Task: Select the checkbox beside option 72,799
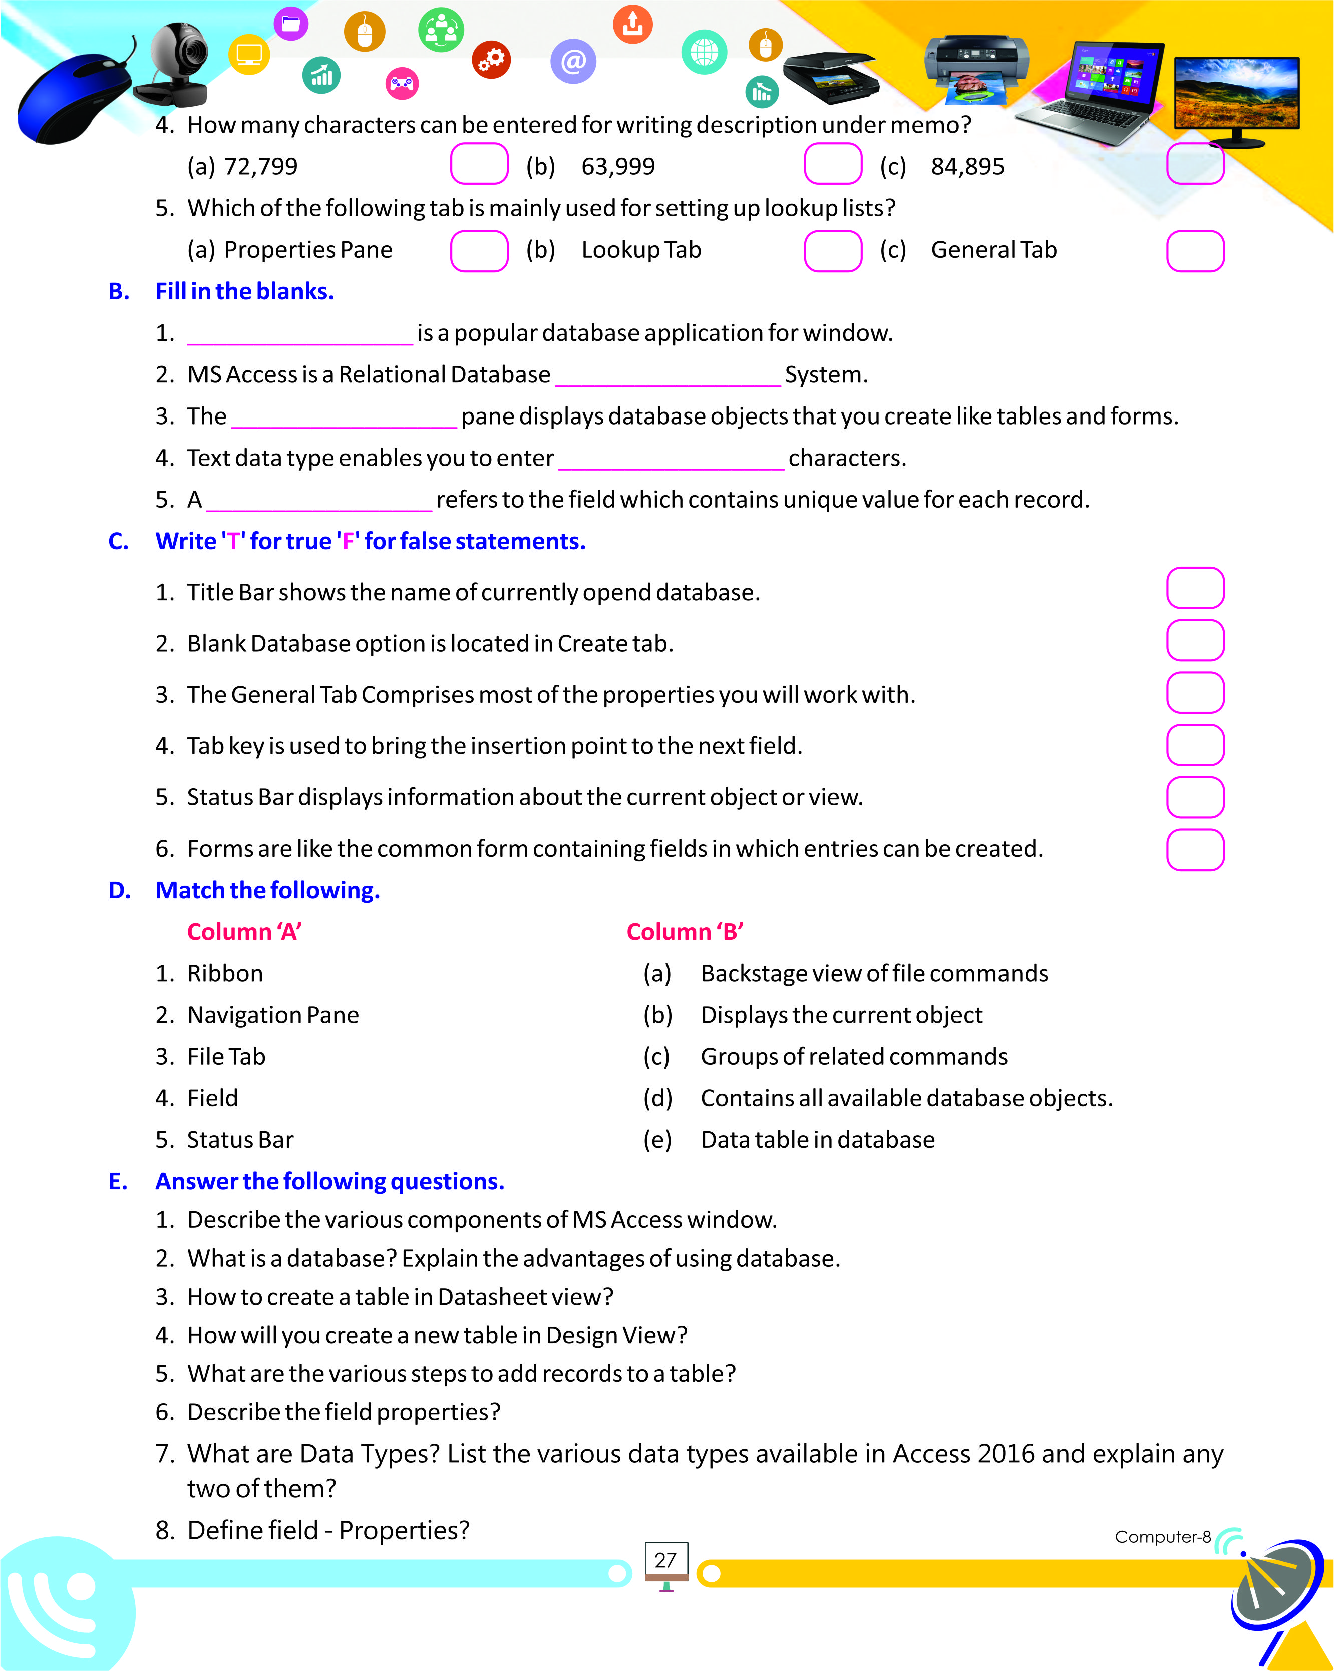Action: (479, 164)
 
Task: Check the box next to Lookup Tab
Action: (832, 251)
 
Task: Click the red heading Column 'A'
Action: (244, 932)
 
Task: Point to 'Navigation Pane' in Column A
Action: (273, 1015)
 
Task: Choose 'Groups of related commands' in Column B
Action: (853, 1057)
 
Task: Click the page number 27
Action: (665, 1560)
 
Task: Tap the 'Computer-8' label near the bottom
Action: (1162, 1537)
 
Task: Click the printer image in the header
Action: (976, 66)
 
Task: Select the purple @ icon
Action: (573, 61)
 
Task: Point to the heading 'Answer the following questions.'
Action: (329, 1181)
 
